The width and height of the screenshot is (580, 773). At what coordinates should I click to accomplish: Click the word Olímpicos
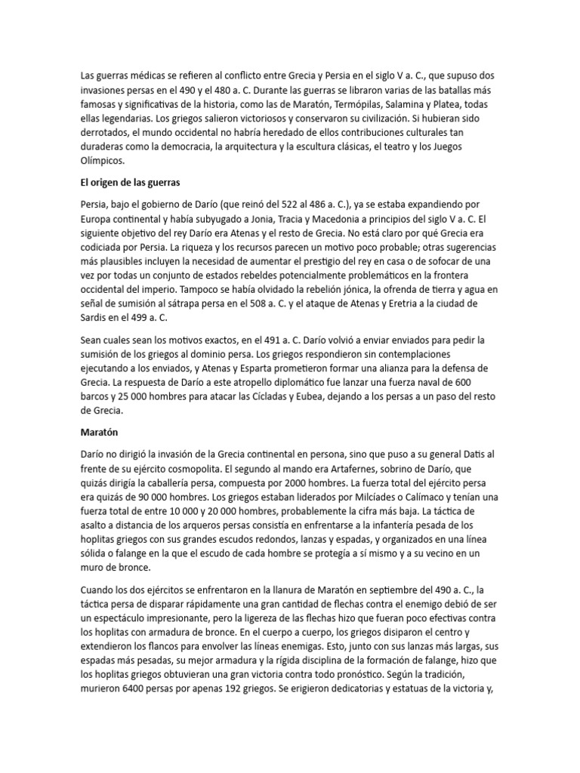pyautogui.click(x=105, y=161)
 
